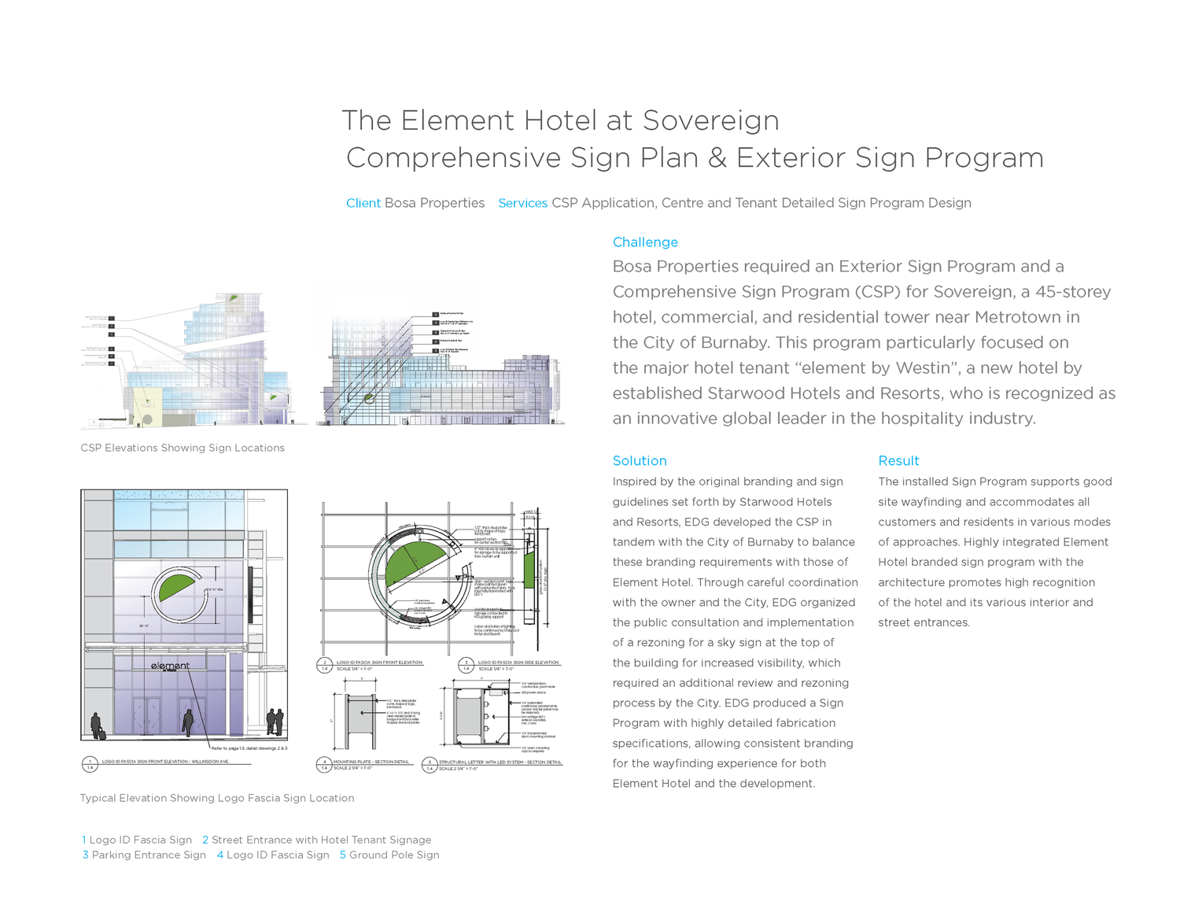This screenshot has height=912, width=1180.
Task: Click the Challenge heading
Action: [x=645, y=242]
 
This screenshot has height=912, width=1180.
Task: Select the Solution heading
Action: [x=640, y=461]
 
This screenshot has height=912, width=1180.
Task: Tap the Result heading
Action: [x=898, y=461]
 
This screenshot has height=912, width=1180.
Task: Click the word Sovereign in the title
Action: [x=710, y=120]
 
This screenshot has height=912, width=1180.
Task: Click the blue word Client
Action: [x=363, y=203]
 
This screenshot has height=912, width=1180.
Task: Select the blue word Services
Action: [x=522, y=203]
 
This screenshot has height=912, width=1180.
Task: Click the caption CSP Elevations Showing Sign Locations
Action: [x=183, y=448]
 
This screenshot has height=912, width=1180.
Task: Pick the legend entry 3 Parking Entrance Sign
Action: [x=145, y=855]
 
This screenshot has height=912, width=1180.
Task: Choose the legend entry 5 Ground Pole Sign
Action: [x=390, y=855]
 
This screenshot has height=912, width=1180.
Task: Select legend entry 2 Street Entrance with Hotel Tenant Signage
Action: [x=317, y=840]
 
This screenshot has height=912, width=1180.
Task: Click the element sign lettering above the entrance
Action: [x=171, y=666]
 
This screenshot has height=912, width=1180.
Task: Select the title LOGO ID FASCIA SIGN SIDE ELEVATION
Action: [x=518, y=663]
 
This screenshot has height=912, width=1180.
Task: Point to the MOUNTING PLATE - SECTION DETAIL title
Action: [x=371, y=762]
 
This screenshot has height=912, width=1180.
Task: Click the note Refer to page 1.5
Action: [x=249, y=748]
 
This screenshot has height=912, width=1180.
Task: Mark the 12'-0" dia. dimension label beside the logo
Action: [x=215, y=589]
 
